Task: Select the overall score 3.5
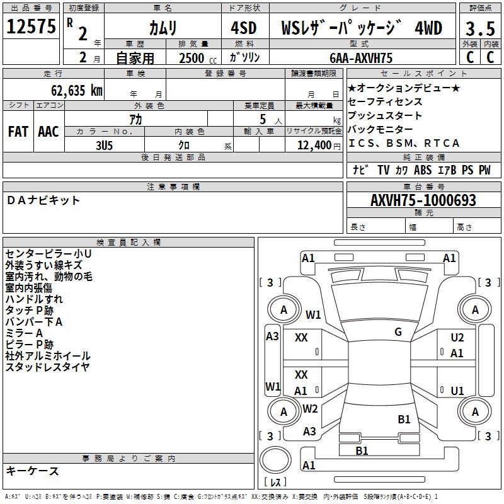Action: [x=480, y=28]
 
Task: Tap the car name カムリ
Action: [x=163, y=28]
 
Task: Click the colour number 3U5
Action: [x=104, y=144]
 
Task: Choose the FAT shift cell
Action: [x=18, y=131]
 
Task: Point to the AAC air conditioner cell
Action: [x=49, y=131]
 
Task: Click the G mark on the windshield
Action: [x=398, y=332]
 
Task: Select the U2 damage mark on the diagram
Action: [x=457, y=338]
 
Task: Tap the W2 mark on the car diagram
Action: [x=310, y=409]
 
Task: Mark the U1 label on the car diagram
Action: [x=457, y=391]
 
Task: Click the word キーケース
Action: [x=33, y=471]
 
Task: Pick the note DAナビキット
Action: [x=43, y=200]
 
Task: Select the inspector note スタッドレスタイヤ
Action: [x=48, y=367]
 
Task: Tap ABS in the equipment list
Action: [x=423, y=169]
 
